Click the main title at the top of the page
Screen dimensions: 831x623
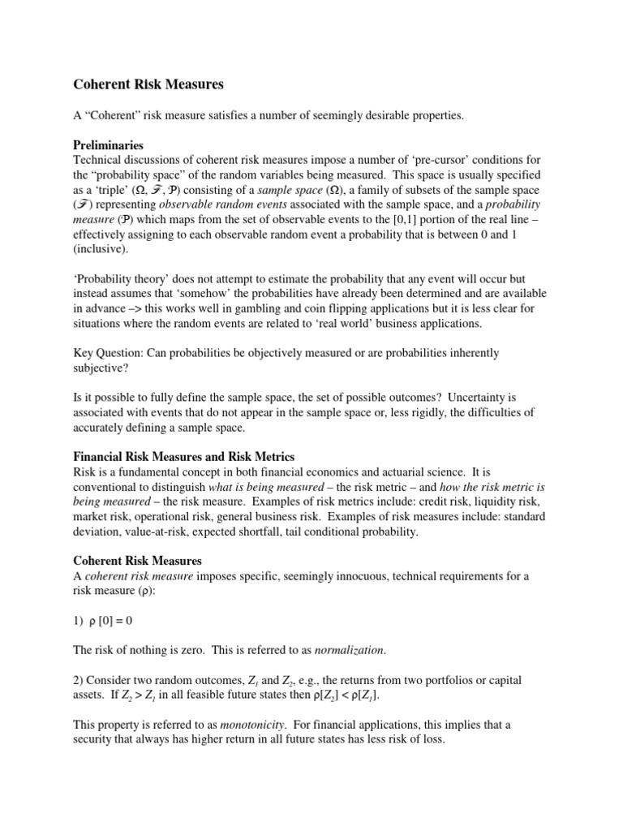(x=148, y=84)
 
